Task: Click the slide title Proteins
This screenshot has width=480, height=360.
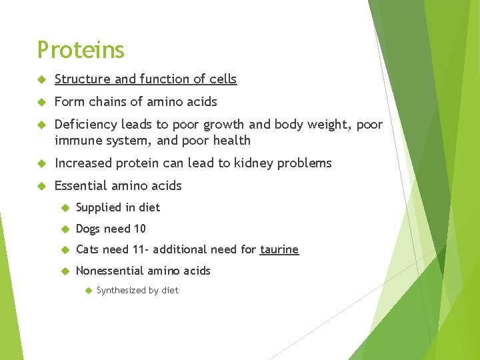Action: point(81,50)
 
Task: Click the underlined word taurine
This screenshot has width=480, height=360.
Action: point(279,249)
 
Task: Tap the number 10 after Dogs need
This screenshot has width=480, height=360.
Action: point(139,229)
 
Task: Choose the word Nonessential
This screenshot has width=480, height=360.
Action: point(111,271)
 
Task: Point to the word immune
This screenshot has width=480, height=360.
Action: point(76,140)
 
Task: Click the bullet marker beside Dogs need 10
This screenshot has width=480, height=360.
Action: point(65,229)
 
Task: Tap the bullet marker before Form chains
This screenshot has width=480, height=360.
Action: point(42,101)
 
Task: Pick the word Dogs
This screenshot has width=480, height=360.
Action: point(89,229)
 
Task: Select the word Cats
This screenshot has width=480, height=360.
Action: point(88,249)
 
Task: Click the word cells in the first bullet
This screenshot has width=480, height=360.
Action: point(222,79)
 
